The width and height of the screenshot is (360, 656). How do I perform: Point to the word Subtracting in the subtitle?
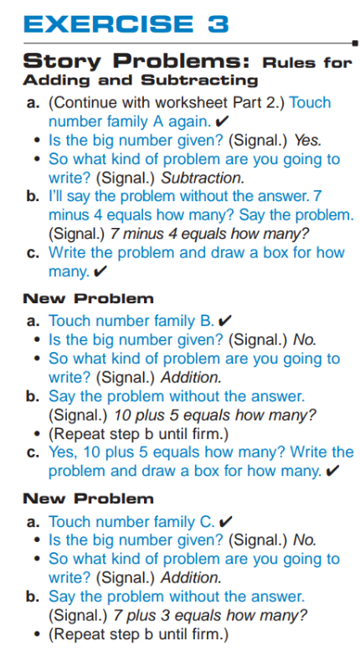(199, 80)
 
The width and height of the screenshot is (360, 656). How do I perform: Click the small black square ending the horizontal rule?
(355, 43)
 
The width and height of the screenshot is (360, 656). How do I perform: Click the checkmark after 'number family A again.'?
(221, 121)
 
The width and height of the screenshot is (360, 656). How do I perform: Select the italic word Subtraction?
(203, 178)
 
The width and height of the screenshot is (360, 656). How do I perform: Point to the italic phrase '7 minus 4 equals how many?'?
(209, 234)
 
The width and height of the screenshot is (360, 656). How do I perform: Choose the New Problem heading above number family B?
(88, 299)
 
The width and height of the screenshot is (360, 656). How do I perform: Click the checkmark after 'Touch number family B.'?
(225, 322)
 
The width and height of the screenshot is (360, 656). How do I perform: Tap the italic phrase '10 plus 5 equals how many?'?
(215, 416)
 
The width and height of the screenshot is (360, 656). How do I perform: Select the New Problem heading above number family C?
(88, 498)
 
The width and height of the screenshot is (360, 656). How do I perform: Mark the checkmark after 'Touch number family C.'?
(225, 522)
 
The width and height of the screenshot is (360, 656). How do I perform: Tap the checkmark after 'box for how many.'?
(332, 472)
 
